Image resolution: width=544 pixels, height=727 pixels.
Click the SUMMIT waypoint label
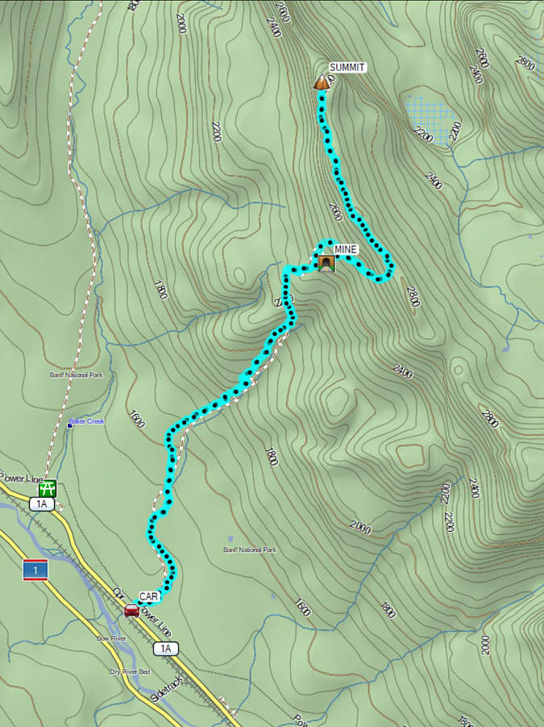(x=347, y=68)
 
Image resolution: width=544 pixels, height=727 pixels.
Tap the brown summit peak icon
(x=322, y=82)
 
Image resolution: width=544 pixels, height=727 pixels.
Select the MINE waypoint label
(x=345, y=250)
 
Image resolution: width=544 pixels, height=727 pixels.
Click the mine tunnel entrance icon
(x=326, y=264)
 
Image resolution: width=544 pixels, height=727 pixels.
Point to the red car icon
(x=131, y=610)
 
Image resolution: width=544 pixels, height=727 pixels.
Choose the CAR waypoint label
(x=149, y=597)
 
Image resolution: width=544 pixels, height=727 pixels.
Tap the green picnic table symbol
(x=48, y=488)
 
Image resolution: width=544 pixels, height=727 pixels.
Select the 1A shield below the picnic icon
(x=42, y=504)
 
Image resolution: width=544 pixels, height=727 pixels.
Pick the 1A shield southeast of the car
(x=165, y=648)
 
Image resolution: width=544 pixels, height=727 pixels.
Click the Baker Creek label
(x=89, y=421)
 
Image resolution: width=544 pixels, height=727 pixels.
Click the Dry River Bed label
(x=130, y=671)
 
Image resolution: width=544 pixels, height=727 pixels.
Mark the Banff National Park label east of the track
(x=250, y=549)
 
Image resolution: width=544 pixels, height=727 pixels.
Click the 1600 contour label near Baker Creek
(x=135, y=419)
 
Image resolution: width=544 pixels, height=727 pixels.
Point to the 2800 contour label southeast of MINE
(x=413, y=298)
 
